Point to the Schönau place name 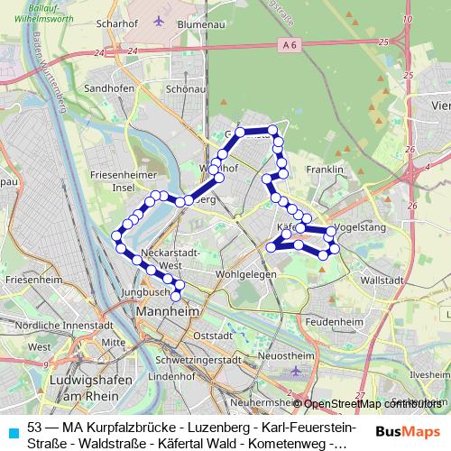tap(185, 89)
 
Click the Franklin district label tap(326, 170)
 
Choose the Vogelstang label tap(359, 227)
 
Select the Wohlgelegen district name tap(244, 274)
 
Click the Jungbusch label tap(145, 292)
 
